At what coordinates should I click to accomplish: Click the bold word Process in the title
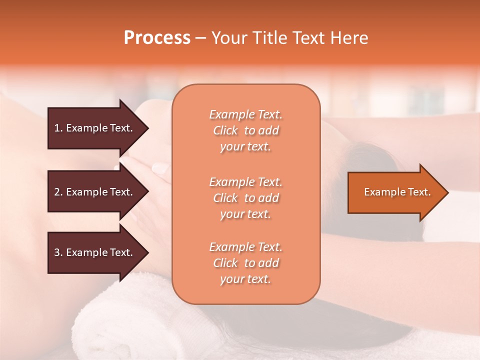coord(157,38)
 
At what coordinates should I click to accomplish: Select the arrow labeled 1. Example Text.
coord(95,128)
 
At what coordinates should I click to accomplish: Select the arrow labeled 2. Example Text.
coord(95,192)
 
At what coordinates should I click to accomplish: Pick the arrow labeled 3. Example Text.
coord(95,252)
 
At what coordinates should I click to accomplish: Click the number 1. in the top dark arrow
coord(58,128)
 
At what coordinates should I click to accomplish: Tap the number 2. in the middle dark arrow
coord(58,192)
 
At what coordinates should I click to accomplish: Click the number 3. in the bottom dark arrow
coord(58,253)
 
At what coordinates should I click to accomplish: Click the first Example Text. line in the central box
coord(245,114)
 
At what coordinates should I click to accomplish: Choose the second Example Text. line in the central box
coord(245,181)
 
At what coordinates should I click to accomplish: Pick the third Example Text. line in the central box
coord(245,247)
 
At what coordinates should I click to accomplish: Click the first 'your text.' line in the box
coord(245,147)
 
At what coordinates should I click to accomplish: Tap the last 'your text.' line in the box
coord(245,279)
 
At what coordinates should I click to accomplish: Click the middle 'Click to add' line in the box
coord(245,198)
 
